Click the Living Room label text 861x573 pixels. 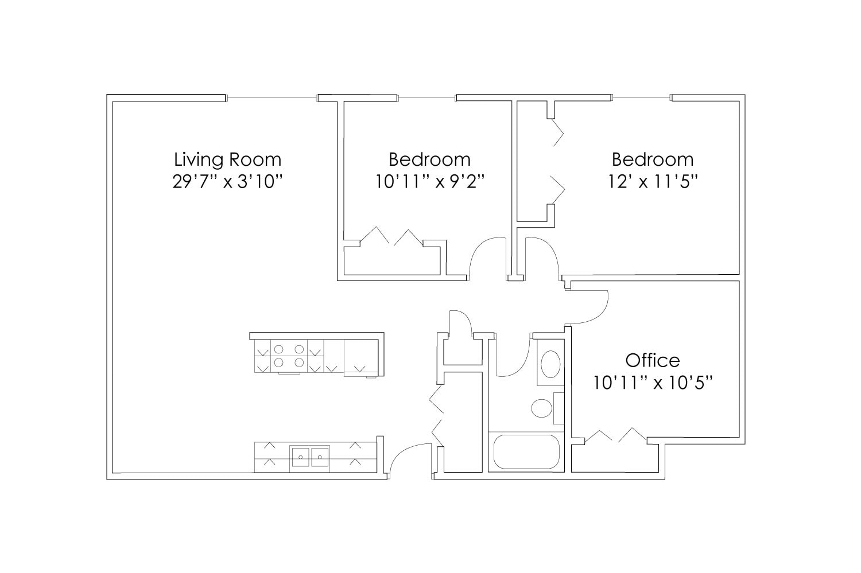(227, 159)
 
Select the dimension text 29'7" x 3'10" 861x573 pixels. (227, 182)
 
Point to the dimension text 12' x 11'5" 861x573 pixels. (652, 182)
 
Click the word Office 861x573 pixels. (652, 360)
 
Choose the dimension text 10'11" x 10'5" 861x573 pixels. (652, 383)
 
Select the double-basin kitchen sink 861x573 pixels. (310, 457)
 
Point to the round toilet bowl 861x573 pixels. (541, 408)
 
